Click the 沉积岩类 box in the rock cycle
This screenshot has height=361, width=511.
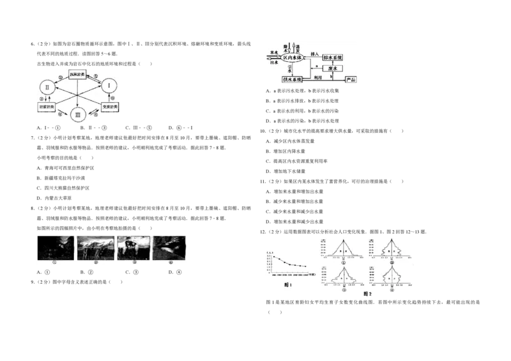pyautogui.click(x=79, y=74)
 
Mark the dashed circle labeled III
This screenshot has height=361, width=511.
pyautogui.click(x=79, y=116)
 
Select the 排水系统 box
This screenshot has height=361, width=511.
pyautogui.click(x=337, y=58)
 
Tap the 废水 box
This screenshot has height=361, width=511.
pyautogui.click(x=336, y=68)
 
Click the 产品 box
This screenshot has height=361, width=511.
pyautogui.click(x=350, y=79)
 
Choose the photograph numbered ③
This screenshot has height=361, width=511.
pyautogui.click(x=133, y=247)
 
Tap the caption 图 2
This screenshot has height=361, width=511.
pyautogui.click(x=367, y=293)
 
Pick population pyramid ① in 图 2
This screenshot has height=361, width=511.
pyautogui.click(x=343, y=250)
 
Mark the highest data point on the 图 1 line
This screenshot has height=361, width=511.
pyautogui.click(x=273, y=257)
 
